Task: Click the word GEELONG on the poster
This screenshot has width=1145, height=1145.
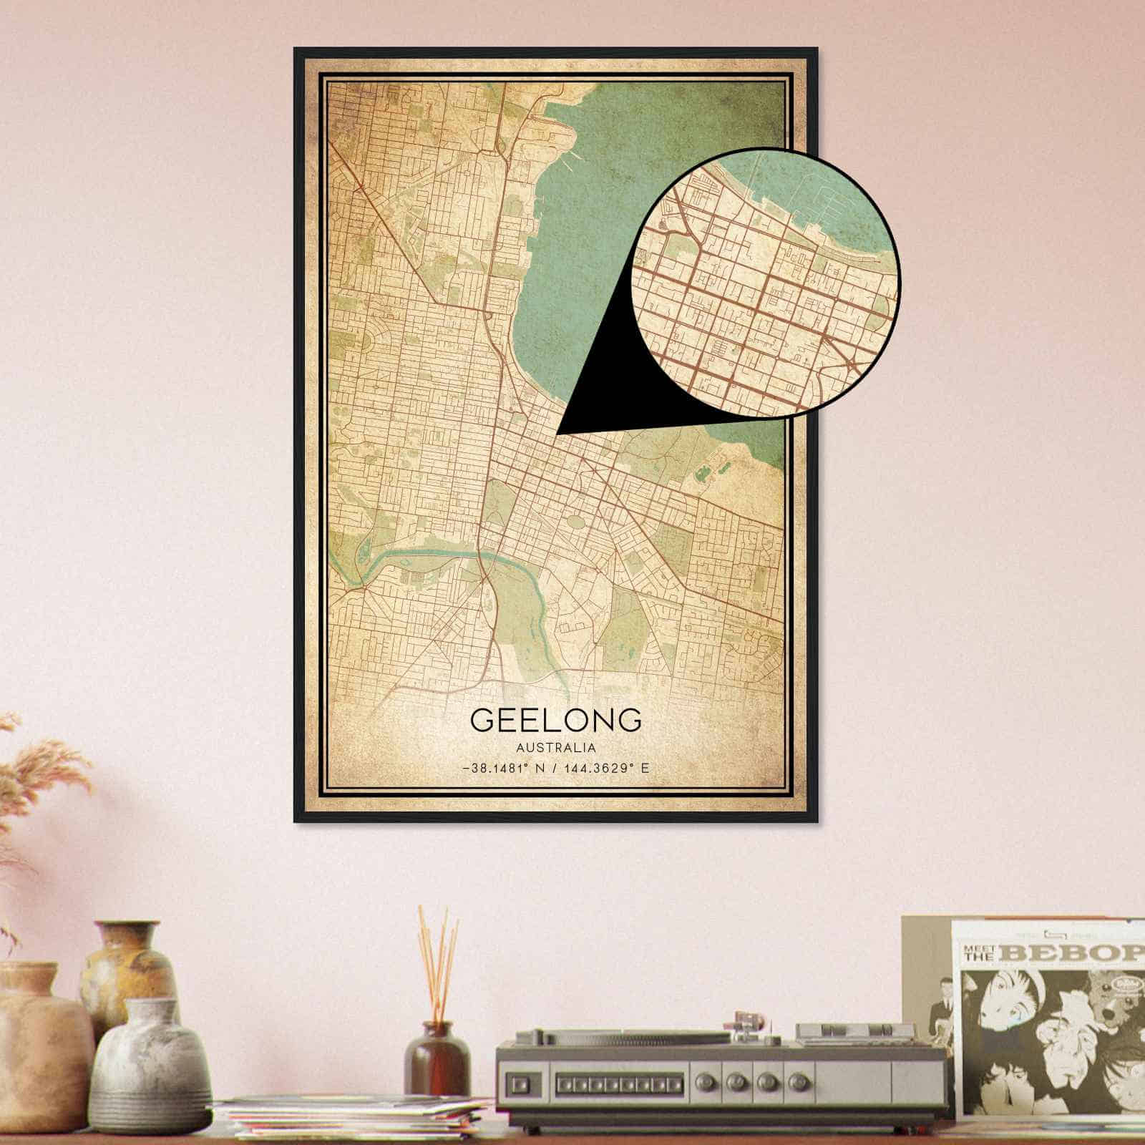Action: (556, 720)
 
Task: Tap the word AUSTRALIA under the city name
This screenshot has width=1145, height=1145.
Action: (556, 748)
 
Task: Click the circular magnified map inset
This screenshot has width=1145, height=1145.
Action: (766, 283)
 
